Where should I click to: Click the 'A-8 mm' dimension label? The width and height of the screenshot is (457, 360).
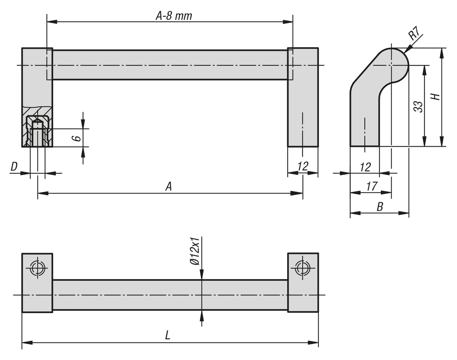(x=174, y=16)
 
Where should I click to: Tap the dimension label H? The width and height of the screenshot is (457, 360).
(x=436, y=97)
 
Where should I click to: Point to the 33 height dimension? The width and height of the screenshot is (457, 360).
(x=419, y=106)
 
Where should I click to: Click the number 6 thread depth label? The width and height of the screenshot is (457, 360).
(x=77, y=138)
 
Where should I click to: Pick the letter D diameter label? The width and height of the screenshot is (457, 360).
(x=14, y=166)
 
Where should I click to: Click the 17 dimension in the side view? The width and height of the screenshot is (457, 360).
(x=372, y=186)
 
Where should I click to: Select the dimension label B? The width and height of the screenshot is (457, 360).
(x=380, y=206)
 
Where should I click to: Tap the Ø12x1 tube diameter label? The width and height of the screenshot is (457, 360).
(x=195, y=251)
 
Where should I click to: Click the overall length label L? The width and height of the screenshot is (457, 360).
(x=168, y=336)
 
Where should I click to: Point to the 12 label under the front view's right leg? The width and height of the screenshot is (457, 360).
(x=303, y=166)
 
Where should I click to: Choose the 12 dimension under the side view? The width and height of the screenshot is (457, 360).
(x=365, y=167)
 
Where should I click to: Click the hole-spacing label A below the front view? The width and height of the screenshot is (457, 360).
(x=169, y=186)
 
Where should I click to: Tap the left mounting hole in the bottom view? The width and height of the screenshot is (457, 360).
(x=37, y=268)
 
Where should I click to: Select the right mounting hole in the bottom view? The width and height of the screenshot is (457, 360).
(x=302, y=268)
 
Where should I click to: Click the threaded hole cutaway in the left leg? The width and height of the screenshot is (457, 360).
(x=37, y=131)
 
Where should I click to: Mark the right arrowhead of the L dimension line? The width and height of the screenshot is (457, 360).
(x=313, y=342)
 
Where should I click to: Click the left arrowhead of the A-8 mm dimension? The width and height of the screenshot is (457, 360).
(x=52, y=22)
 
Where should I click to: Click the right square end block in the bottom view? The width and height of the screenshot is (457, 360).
(x=303, y=283)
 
